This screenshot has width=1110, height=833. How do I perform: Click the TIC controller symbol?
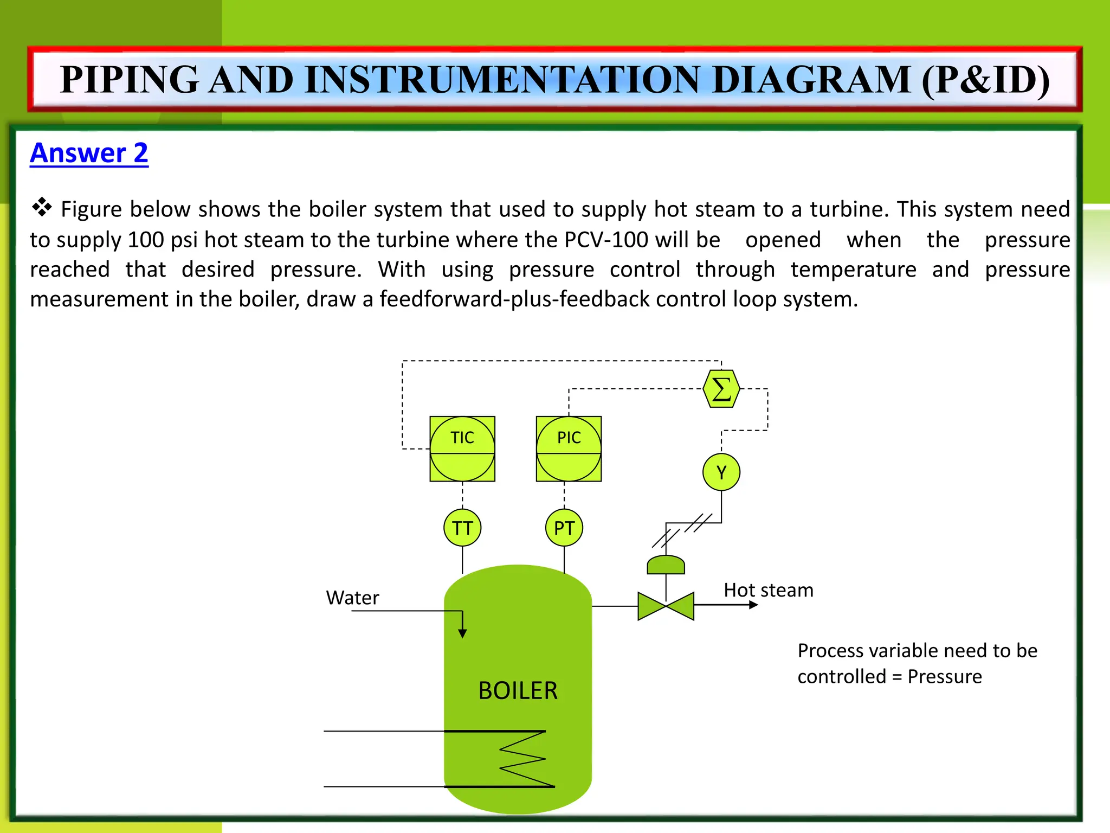click(x=462, y=448)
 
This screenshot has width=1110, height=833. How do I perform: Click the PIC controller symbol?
click(x=569, y=448)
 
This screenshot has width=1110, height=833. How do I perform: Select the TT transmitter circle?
click(x=462, y=528)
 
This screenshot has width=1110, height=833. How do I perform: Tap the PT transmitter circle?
click(x=564, y=528)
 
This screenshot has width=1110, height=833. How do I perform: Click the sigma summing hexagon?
click(x=721, y=389)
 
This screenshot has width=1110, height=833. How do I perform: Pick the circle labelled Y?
click(x=721, y=472)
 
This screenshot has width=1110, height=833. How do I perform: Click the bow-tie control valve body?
click(x=666, y=606)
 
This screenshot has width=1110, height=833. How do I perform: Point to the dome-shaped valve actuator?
click(x=666, y=566)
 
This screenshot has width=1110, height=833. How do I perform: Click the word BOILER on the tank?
click(x=518, y=691)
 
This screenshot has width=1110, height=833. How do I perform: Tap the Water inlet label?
click(x=352, y=598)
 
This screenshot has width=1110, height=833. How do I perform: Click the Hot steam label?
click(x=768, y=590)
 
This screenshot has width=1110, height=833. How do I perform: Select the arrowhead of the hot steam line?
click(x=754, y=605)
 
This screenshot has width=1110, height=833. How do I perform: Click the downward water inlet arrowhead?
click(x=462, y=633)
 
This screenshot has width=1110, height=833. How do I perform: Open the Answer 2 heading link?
click(x=89, y=153)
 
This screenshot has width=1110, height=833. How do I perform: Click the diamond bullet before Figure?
click(x=42, y=207)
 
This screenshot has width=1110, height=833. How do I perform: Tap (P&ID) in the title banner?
click(x=985, y=80)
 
